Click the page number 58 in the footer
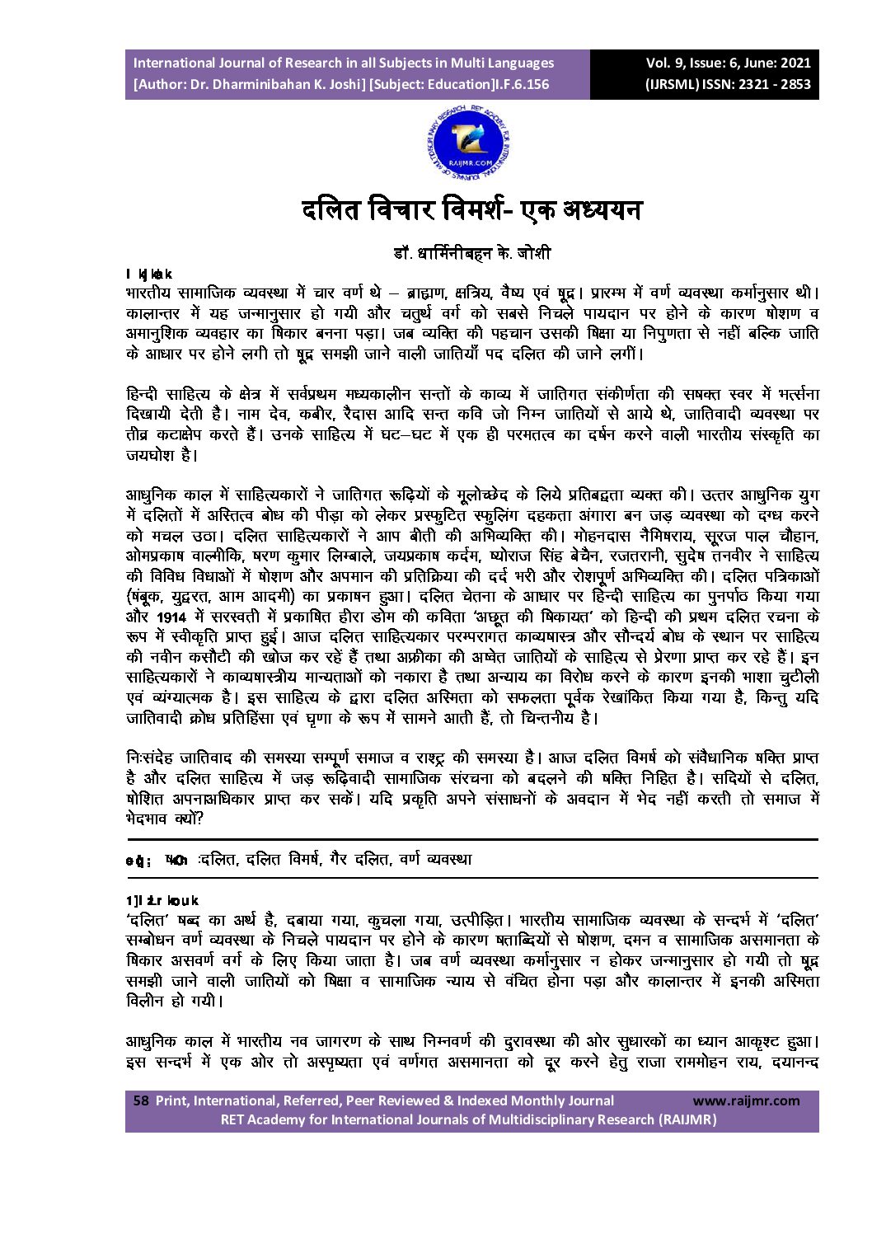tap(140, 1100)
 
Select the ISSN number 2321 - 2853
tap(775, 84)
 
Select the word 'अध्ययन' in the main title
tap(595, 210)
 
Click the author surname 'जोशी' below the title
tap(532, 253)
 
